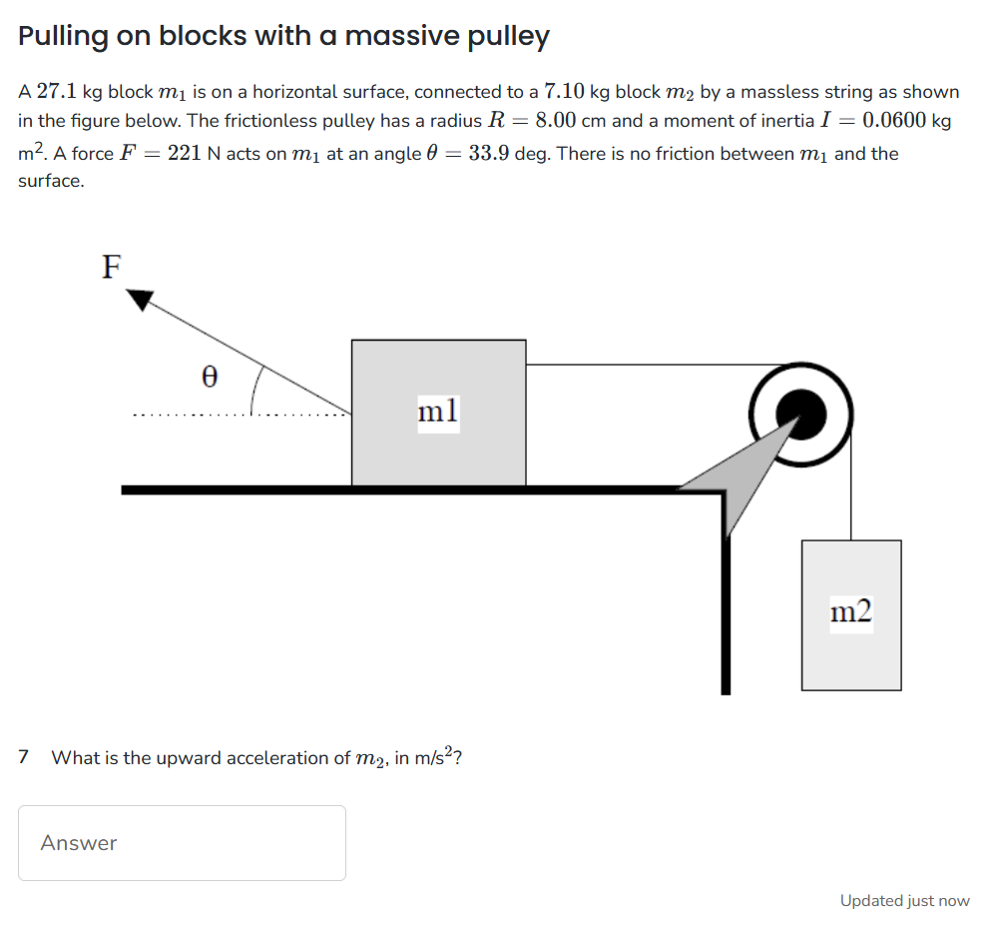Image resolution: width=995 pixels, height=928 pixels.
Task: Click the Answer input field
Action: tap(182, 843)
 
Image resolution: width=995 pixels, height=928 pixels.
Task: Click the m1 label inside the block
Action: tap(438, 411)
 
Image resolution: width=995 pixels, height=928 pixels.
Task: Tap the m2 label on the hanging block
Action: tap(850, 612)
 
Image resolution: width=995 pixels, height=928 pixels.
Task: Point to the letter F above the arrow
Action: tap(112, 267)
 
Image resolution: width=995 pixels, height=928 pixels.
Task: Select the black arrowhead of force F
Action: tap(140, 299)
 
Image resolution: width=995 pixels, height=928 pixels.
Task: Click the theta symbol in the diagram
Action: tap(209, 377)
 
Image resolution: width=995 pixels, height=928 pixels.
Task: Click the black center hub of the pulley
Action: tap(802, 412)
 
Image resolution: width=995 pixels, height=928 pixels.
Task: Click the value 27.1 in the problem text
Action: tap(57, 92)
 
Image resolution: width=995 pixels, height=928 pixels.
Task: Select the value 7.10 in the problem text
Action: tap(564, 92)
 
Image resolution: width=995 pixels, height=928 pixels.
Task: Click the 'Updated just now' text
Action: tap(904, 901)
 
